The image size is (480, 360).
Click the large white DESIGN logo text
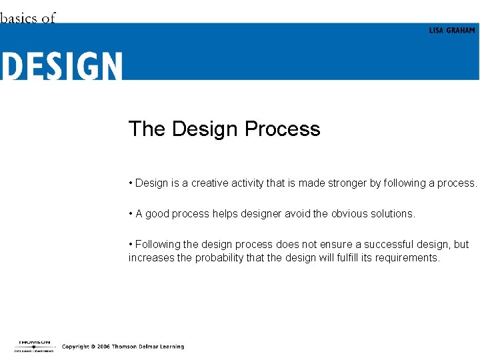tap(61, 66)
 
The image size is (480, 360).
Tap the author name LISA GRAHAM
tap(452, 31)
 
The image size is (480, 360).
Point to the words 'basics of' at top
tap(27, 18)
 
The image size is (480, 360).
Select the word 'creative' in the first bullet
tap(210, 183)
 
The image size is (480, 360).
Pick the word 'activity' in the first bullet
tap(247, 183)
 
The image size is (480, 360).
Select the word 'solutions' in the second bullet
tap(393, 214)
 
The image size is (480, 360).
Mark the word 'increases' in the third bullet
tap(151, 258)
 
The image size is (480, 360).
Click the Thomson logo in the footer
tap(34, 345)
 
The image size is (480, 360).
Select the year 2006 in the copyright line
tap(103, 347)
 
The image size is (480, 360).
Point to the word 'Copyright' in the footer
tap(76, 347)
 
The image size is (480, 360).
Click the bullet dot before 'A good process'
tap(131, 214)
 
